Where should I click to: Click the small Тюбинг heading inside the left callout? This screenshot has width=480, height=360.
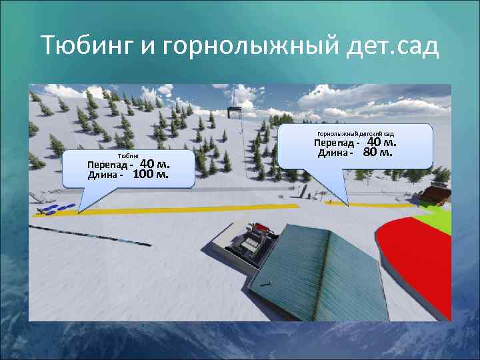[x=129, y=155]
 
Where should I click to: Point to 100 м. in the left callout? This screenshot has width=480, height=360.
[x=151, y=175]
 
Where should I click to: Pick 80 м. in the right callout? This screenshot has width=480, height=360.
[x=378, y=153]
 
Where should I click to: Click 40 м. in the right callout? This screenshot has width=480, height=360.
[x=382, y=142]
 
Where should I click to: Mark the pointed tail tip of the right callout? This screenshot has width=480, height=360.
[x=347, y=203]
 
